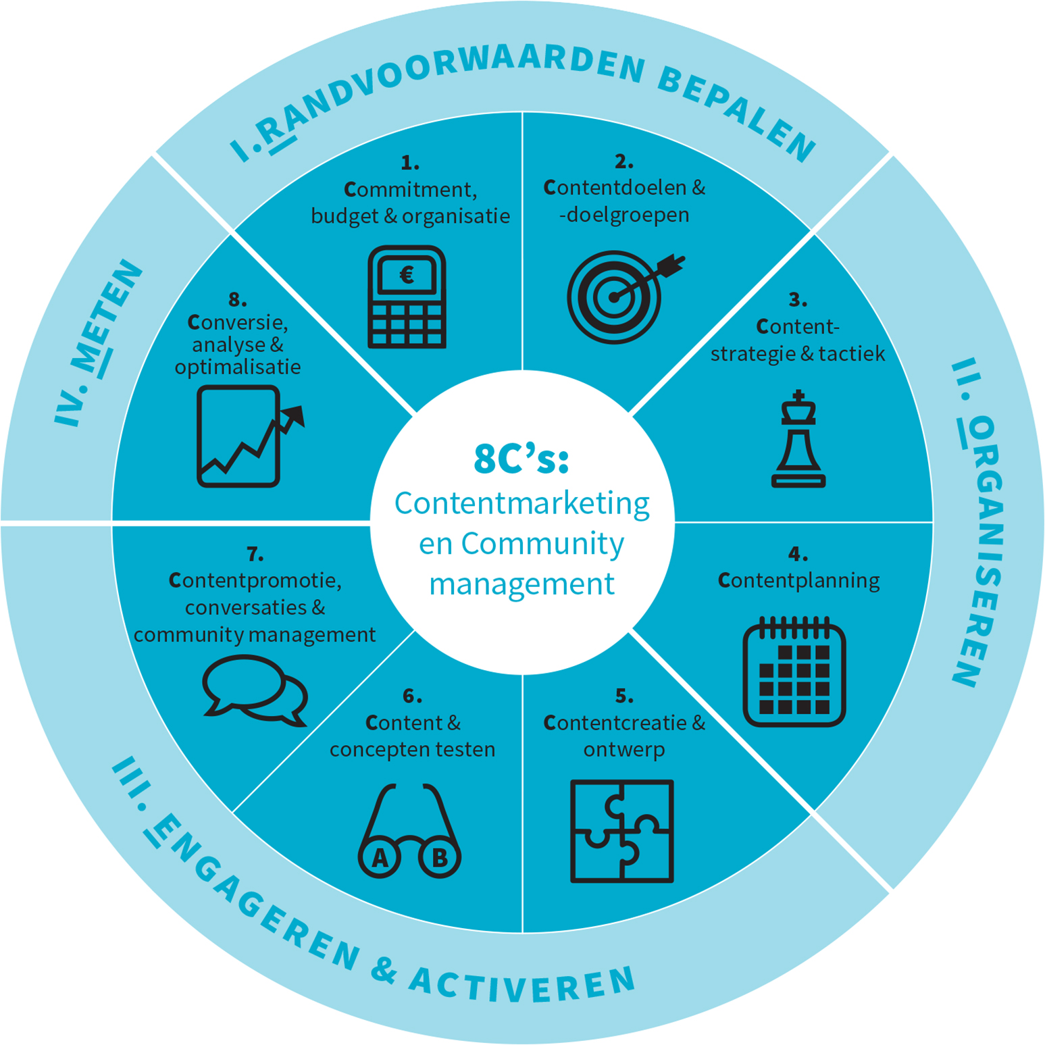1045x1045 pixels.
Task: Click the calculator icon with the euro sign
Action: pyautogui.click(x=407, y=297)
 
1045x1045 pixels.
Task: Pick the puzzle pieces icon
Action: pyautogui.click(x=622, y=831)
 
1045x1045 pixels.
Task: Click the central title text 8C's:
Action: pyautogui.click(x=521, y=459)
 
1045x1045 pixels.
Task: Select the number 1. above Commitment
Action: pyautogui.click(x=410, y=163)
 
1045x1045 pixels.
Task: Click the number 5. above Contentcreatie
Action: pyautogui.click(x=624, y=696)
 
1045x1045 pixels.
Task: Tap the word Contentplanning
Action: pyautogui.click(x=798, y=581)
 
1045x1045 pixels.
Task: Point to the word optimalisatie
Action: pyautogui.click(x=238, y=367)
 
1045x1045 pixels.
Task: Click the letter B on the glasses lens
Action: pyautogui.click(x=440, y=858)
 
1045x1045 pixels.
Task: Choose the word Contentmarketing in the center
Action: pyautogui.click(x=521, y=503)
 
